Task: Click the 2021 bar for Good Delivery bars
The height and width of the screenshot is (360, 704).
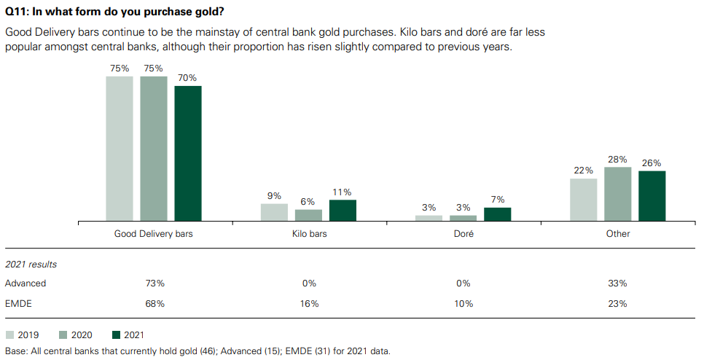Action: pyautogui.click(x=187, y=153)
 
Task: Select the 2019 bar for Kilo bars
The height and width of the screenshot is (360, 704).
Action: pyautogui.click(x=274, y=212)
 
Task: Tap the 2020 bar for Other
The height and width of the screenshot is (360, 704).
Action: pyautogui.click(x=617, y=194)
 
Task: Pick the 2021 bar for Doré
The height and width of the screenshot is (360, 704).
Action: pyautogui.click(x=497, y=214)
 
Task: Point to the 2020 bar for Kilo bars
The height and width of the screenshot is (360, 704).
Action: pyautogui.click(x=308, y=215)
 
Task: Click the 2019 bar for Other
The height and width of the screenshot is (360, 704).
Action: pyautogui.click(x=583, y=200)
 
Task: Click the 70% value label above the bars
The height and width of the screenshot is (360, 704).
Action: pyautogui.click(x=187, y=78)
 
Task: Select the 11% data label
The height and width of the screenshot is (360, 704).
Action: pyautogui.click(x=343, y=192)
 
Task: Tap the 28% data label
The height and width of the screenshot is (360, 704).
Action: pyautogui.click(x=617, y=160)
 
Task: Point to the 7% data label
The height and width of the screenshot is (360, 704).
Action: pyautogui.click(x=497, y=200)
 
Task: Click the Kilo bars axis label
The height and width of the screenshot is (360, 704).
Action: pyautogui.click(x=308, y=234)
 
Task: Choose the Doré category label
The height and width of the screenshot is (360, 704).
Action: pyautogui.click(x=463, y=234)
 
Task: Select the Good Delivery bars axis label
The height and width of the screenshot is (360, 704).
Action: pyautogui.click(x=154, y=234)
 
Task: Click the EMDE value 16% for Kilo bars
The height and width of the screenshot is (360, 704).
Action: pyautogui.click(x=308, y=303)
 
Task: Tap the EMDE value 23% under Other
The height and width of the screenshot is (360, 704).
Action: pyautogui.click(x=617, y=303)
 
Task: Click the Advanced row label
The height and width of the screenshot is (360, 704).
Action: pyautogui.click(x=26, y=283)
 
